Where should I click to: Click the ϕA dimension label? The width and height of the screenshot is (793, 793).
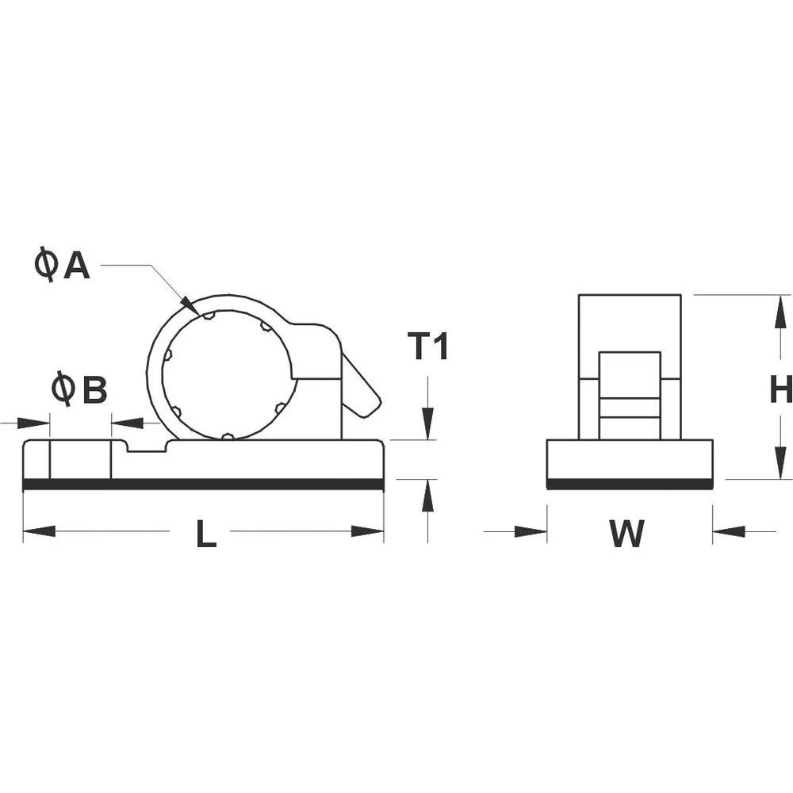[63, 264]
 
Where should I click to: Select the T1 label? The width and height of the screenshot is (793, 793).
[428, 347]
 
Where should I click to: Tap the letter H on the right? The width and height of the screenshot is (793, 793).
[781, 389]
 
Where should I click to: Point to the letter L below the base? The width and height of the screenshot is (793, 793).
[205, 537]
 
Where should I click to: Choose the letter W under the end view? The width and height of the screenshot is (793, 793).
[626, 534]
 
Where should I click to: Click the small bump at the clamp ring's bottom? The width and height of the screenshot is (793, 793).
[228, 435]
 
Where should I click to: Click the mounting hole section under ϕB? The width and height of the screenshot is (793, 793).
[80, 460]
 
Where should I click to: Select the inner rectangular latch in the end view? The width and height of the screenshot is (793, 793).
[630, 395]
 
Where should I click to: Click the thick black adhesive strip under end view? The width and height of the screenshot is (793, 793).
[630, 484]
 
